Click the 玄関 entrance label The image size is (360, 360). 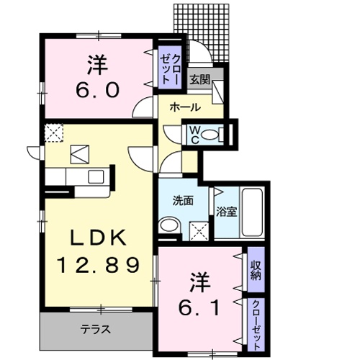(200, 80)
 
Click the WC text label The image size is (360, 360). (193, 133)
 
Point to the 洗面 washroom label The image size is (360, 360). (181, 202)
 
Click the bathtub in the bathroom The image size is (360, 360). (253, 213)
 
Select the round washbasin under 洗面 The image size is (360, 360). (169, 227)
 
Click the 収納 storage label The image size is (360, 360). (256, 271)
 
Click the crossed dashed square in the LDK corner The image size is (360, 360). (53, 133)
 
